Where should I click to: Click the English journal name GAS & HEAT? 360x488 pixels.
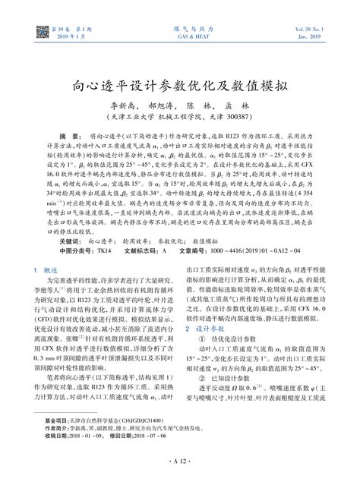coord(180,34)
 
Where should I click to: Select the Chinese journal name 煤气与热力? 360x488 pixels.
coord(180,27)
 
